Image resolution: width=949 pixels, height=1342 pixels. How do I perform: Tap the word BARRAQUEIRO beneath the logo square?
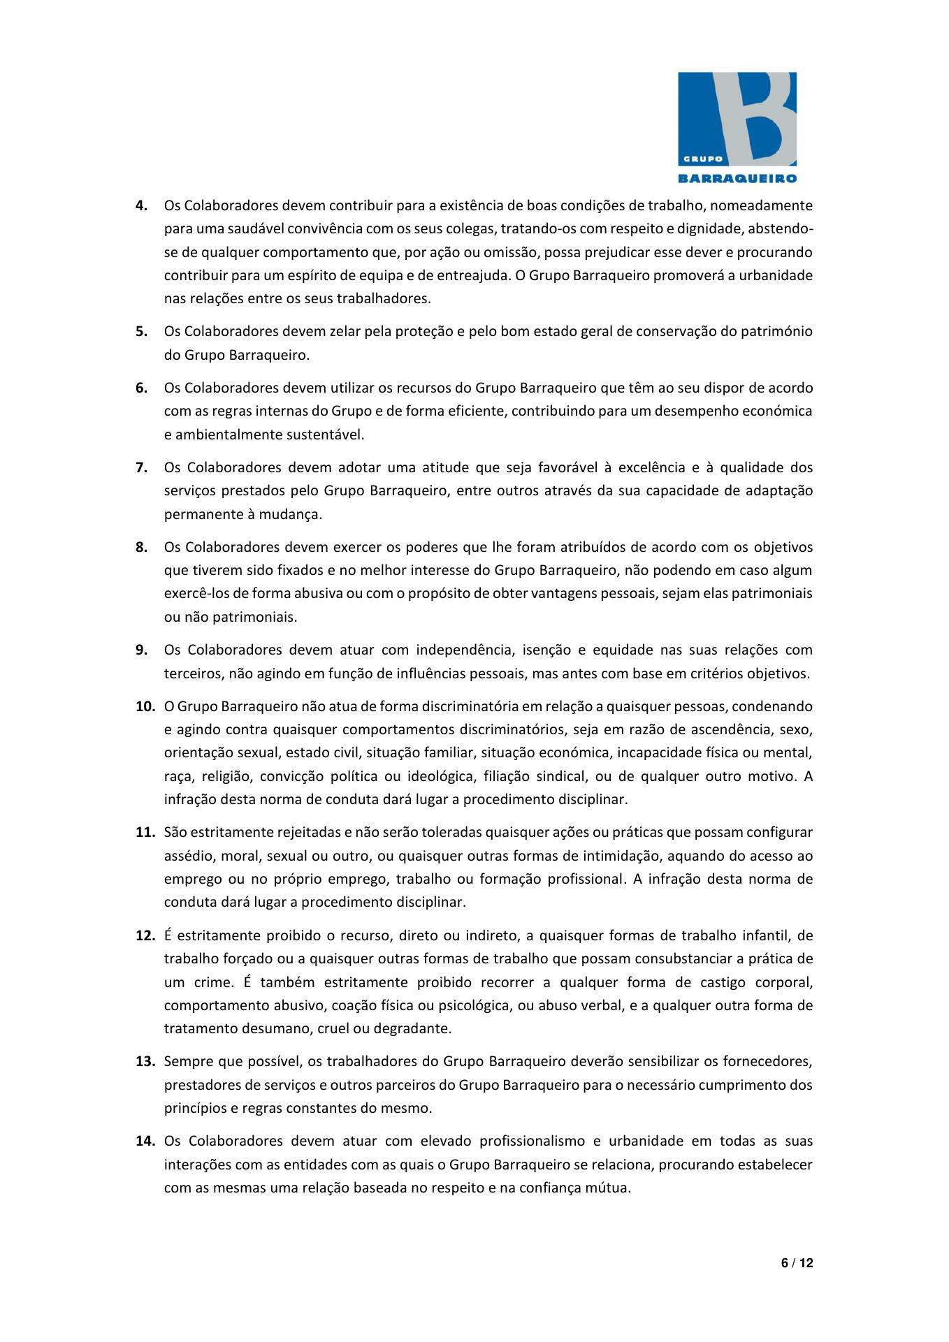pos(737,178)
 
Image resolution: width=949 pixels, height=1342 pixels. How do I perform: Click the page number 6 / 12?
pos(796,1262)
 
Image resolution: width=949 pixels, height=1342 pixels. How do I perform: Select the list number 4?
pos(141,206)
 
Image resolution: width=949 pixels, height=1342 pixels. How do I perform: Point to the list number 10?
pos(145,706)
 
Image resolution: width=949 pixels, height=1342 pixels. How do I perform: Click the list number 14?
pos(145,1141)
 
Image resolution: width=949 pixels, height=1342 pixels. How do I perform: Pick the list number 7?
pos(141,467)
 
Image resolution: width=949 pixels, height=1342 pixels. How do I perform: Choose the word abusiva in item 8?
pos(319,594)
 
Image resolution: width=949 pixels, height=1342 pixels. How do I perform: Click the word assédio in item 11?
pos(187,856)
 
